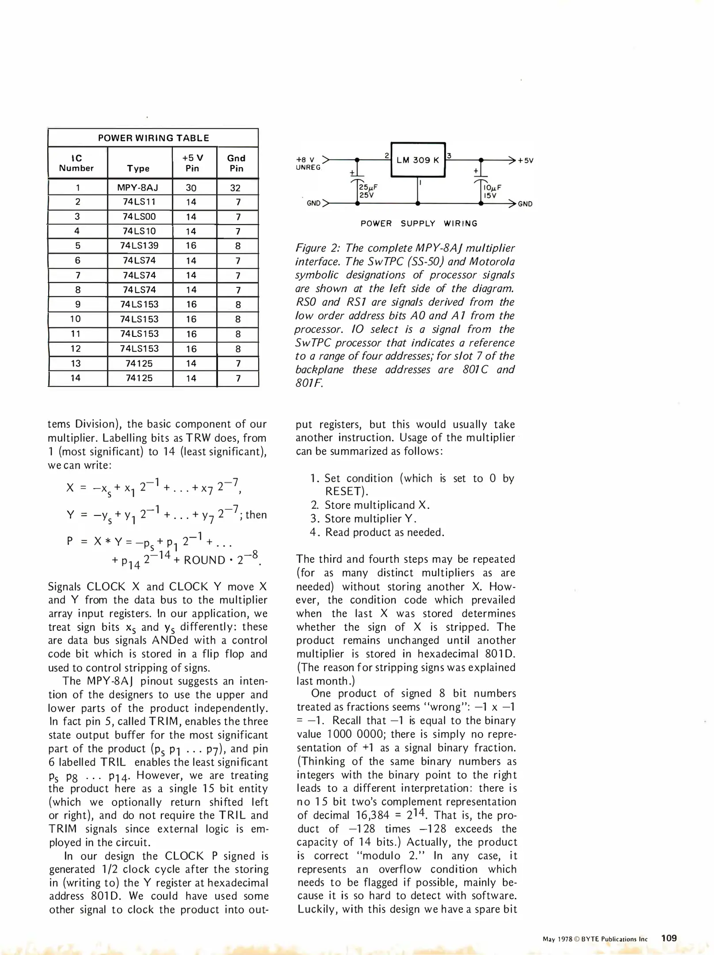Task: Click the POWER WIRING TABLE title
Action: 153,138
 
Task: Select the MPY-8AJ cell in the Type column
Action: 137,187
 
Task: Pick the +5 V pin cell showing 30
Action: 191,187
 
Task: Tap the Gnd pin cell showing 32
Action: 236,188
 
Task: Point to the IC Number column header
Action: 76,163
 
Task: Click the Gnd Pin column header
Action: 236,163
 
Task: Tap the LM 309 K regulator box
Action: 418,160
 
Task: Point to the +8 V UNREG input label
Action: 307,163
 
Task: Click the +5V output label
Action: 526,160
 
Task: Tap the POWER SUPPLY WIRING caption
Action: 419,224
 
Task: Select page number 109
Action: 669,938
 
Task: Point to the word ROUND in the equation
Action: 204,560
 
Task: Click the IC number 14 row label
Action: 76,378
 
